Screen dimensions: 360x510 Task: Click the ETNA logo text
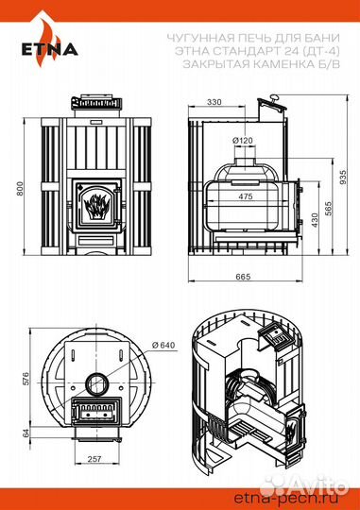(x=50, y=49)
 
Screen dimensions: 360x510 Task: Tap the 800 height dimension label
(x=20, y=189)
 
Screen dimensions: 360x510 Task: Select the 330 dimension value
(x=214, y=102)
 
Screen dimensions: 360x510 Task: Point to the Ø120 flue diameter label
(x=243, y=141)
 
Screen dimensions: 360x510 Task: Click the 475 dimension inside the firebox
(x=245, y=196)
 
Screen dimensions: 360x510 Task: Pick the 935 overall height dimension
(x=343, y=178)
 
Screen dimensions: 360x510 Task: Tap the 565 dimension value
(x=328, y=209)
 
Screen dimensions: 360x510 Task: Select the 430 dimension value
(x=315, y=220)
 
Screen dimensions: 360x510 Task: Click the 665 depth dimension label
(x=243, y=277)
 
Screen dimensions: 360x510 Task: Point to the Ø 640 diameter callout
(x=163, y=345)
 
